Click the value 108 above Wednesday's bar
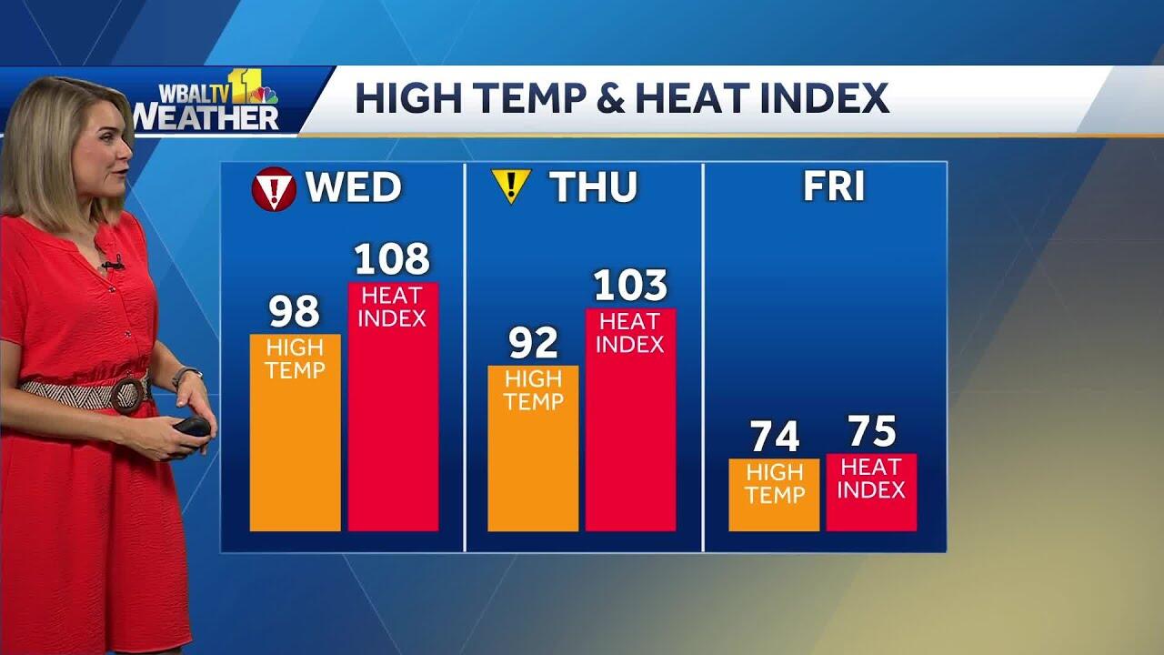click(x=392, y=260)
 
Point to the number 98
click(x=295, y=313)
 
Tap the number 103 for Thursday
click(x=630, y=287)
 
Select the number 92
click(x=533, y=344)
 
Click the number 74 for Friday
click(x=774, y=438)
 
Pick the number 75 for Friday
click(x=872, y=432)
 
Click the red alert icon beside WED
click(x=274, y=189)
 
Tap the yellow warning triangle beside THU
click(x=511, y=186)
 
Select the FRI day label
click(x=833, y=186)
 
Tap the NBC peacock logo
click(x=265, y=95)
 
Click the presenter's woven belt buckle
click(x=129, y=395)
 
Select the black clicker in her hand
click(x=192, y=426)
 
